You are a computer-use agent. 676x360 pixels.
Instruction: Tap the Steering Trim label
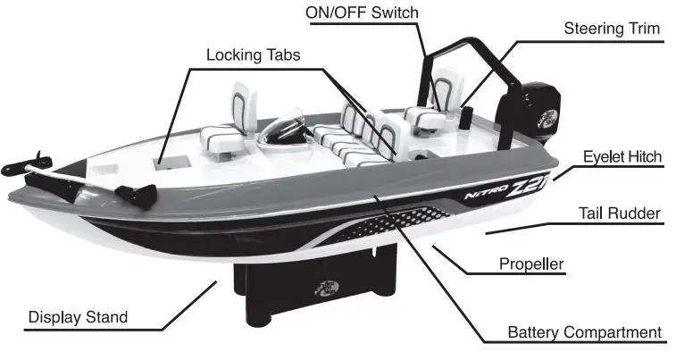[x=612, y=29]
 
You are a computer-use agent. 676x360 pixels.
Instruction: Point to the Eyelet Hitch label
[x=622, y=157]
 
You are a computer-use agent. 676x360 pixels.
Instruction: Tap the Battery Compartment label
[x=585, y=332]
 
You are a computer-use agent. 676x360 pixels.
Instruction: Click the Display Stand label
[x=78, y=316]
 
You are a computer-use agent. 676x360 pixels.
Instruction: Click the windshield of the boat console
[x=286, y=130]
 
